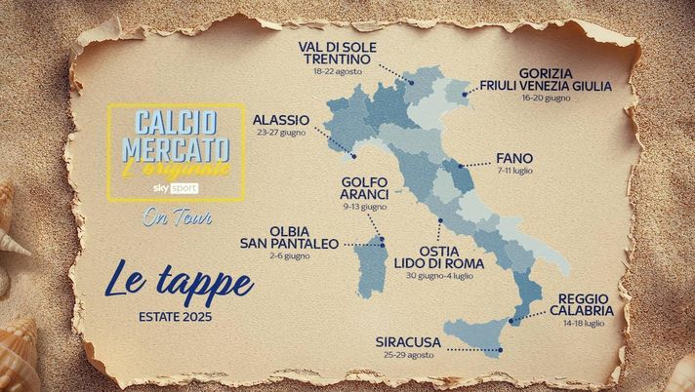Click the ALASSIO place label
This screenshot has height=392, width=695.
coord(281,120)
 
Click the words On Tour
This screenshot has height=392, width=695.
coord(171,216)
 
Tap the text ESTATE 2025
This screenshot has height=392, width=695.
coord(175,317)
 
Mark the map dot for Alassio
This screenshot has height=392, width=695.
coord(353,155)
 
